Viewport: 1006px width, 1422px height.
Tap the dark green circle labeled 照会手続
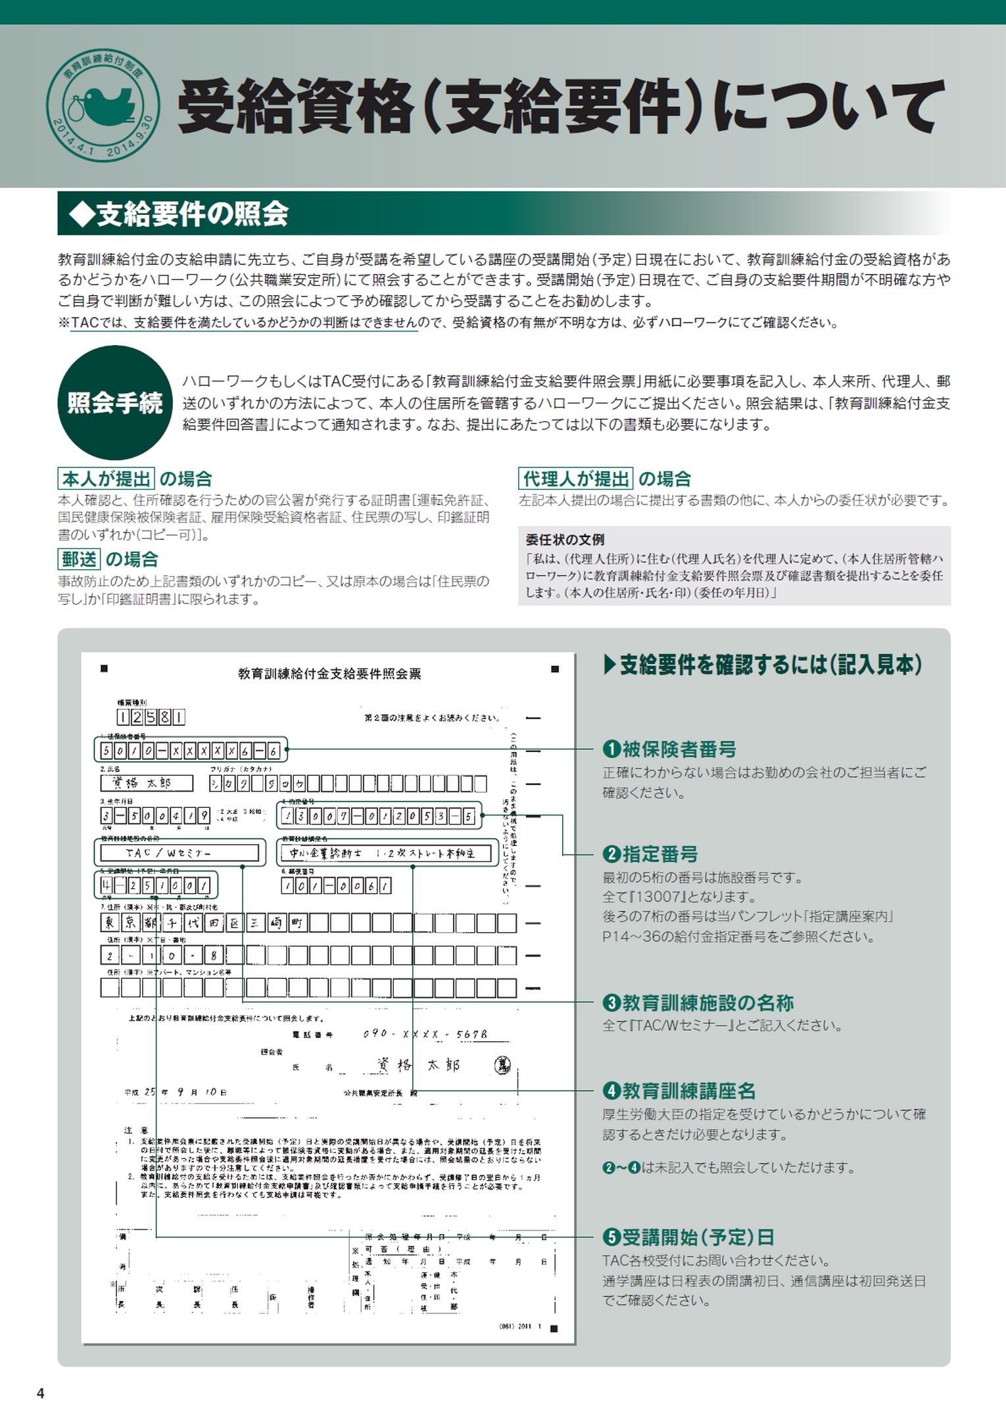pyautogui.click(x=115, y=402)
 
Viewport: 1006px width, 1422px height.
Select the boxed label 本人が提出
pyautogui.click(x=107, y=478)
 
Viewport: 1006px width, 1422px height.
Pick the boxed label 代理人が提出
pyautogui.click(x=575, y=478)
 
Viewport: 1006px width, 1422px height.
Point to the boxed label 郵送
pyautogui.click(x=79, y=559)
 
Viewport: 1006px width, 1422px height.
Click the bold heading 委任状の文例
pyautogui.click(x=565, y=540)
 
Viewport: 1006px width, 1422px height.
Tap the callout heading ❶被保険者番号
pyautogui.click(x=669, y=749)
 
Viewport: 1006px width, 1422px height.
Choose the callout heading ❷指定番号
pyautogui.click(x=650, y=854)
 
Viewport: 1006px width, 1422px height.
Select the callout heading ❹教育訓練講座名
pyautogui.click(x=679, y=1091)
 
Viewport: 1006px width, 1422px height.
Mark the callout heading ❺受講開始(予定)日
pyautogui.click(x=688, y=1237)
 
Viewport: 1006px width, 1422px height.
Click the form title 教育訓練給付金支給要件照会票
pyautogui.click(x=329, y=673)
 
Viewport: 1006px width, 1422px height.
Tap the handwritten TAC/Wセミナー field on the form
pyautogui.click(x=179, y=853)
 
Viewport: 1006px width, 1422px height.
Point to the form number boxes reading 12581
pyautogui.click(x=151, y=717)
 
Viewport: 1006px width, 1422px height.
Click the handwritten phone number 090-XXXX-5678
pyautogui.click(x=425, y=1034)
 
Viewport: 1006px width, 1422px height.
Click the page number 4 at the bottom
pyautogui.click(x=41, y=1393)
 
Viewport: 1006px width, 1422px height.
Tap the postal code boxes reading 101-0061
pyautogui.click(x=336, y=886)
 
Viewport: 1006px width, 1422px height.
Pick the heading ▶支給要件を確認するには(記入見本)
pyautogui.click(x=763, y=665)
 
